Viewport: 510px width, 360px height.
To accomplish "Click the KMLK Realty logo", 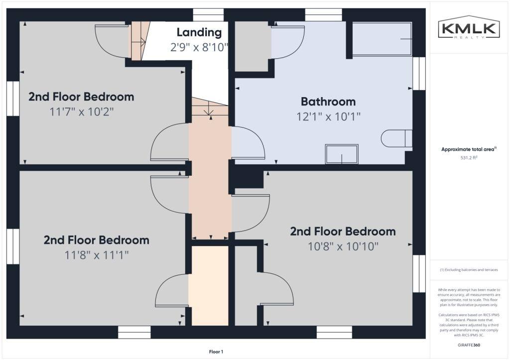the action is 469,27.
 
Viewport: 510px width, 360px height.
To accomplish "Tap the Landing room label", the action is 199,32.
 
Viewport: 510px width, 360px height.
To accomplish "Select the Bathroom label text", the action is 328,102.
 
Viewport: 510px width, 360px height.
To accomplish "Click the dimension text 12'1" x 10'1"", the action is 328,117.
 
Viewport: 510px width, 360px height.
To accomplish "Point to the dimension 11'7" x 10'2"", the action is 81,112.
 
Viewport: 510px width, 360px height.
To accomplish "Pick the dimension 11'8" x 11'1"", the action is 97,255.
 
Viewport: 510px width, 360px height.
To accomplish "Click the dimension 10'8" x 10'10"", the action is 343,246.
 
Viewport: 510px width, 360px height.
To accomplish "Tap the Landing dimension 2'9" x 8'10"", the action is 199,47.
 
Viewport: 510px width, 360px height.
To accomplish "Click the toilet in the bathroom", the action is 396,138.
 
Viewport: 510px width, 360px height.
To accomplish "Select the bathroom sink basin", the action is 342,154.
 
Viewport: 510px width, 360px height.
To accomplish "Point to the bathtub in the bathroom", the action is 382,39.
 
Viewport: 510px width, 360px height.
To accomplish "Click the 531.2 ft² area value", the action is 469,158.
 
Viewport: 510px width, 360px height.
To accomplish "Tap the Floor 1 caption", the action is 216,352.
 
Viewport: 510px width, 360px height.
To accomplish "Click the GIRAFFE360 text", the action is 469,345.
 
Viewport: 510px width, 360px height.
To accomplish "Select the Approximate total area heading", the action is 469,149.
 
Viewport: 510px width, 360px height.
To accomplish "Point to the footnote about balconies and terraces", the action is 469,269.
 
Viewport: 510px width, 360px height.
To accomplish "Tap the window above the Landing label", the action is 208,15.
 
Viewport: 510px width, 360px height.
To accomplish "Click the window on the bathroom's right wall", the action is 419,74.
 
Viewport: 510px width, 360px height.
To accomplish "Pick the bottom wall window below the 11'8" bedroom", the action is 134,332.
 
